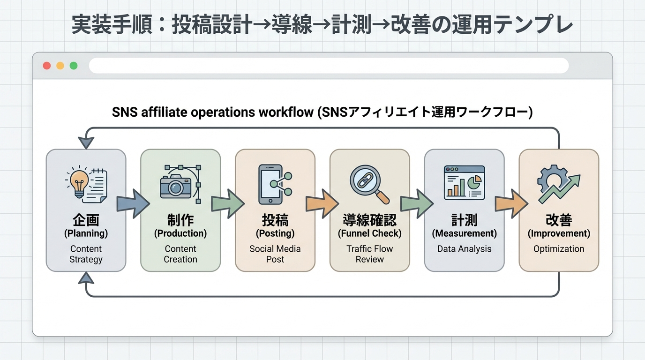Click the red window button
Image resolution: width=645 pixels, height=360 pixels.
click(47, 66)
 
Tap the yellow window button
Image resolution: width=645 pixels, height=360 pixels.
click(60, 66)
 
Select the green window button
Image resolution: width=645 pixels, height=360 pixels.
click(74, 66)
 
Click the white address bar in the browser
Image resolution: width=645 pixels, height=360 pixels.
click(328, 66)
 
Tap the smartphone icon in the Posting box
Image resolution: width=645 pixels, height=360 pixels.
click(270, 184)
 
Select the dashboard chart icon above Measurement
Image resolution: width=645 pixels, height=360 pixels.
click(464, 183)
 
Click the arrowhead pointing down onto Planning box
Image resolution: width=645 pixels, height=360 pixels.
click(86, 142)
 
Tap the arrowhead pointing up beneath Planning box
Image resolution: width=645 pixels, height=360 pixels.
click(86, 278)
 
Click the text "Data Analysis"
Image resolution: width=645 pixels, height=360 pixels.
click(464, 249)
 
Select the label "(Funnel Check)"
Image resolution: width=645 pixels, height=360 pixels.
click(369, 233)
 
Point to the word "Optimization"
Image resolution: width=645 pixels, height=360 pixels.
click(559, 249)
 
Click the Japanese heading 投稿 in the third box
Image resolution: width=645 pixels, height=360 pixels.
click(275, 220)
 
